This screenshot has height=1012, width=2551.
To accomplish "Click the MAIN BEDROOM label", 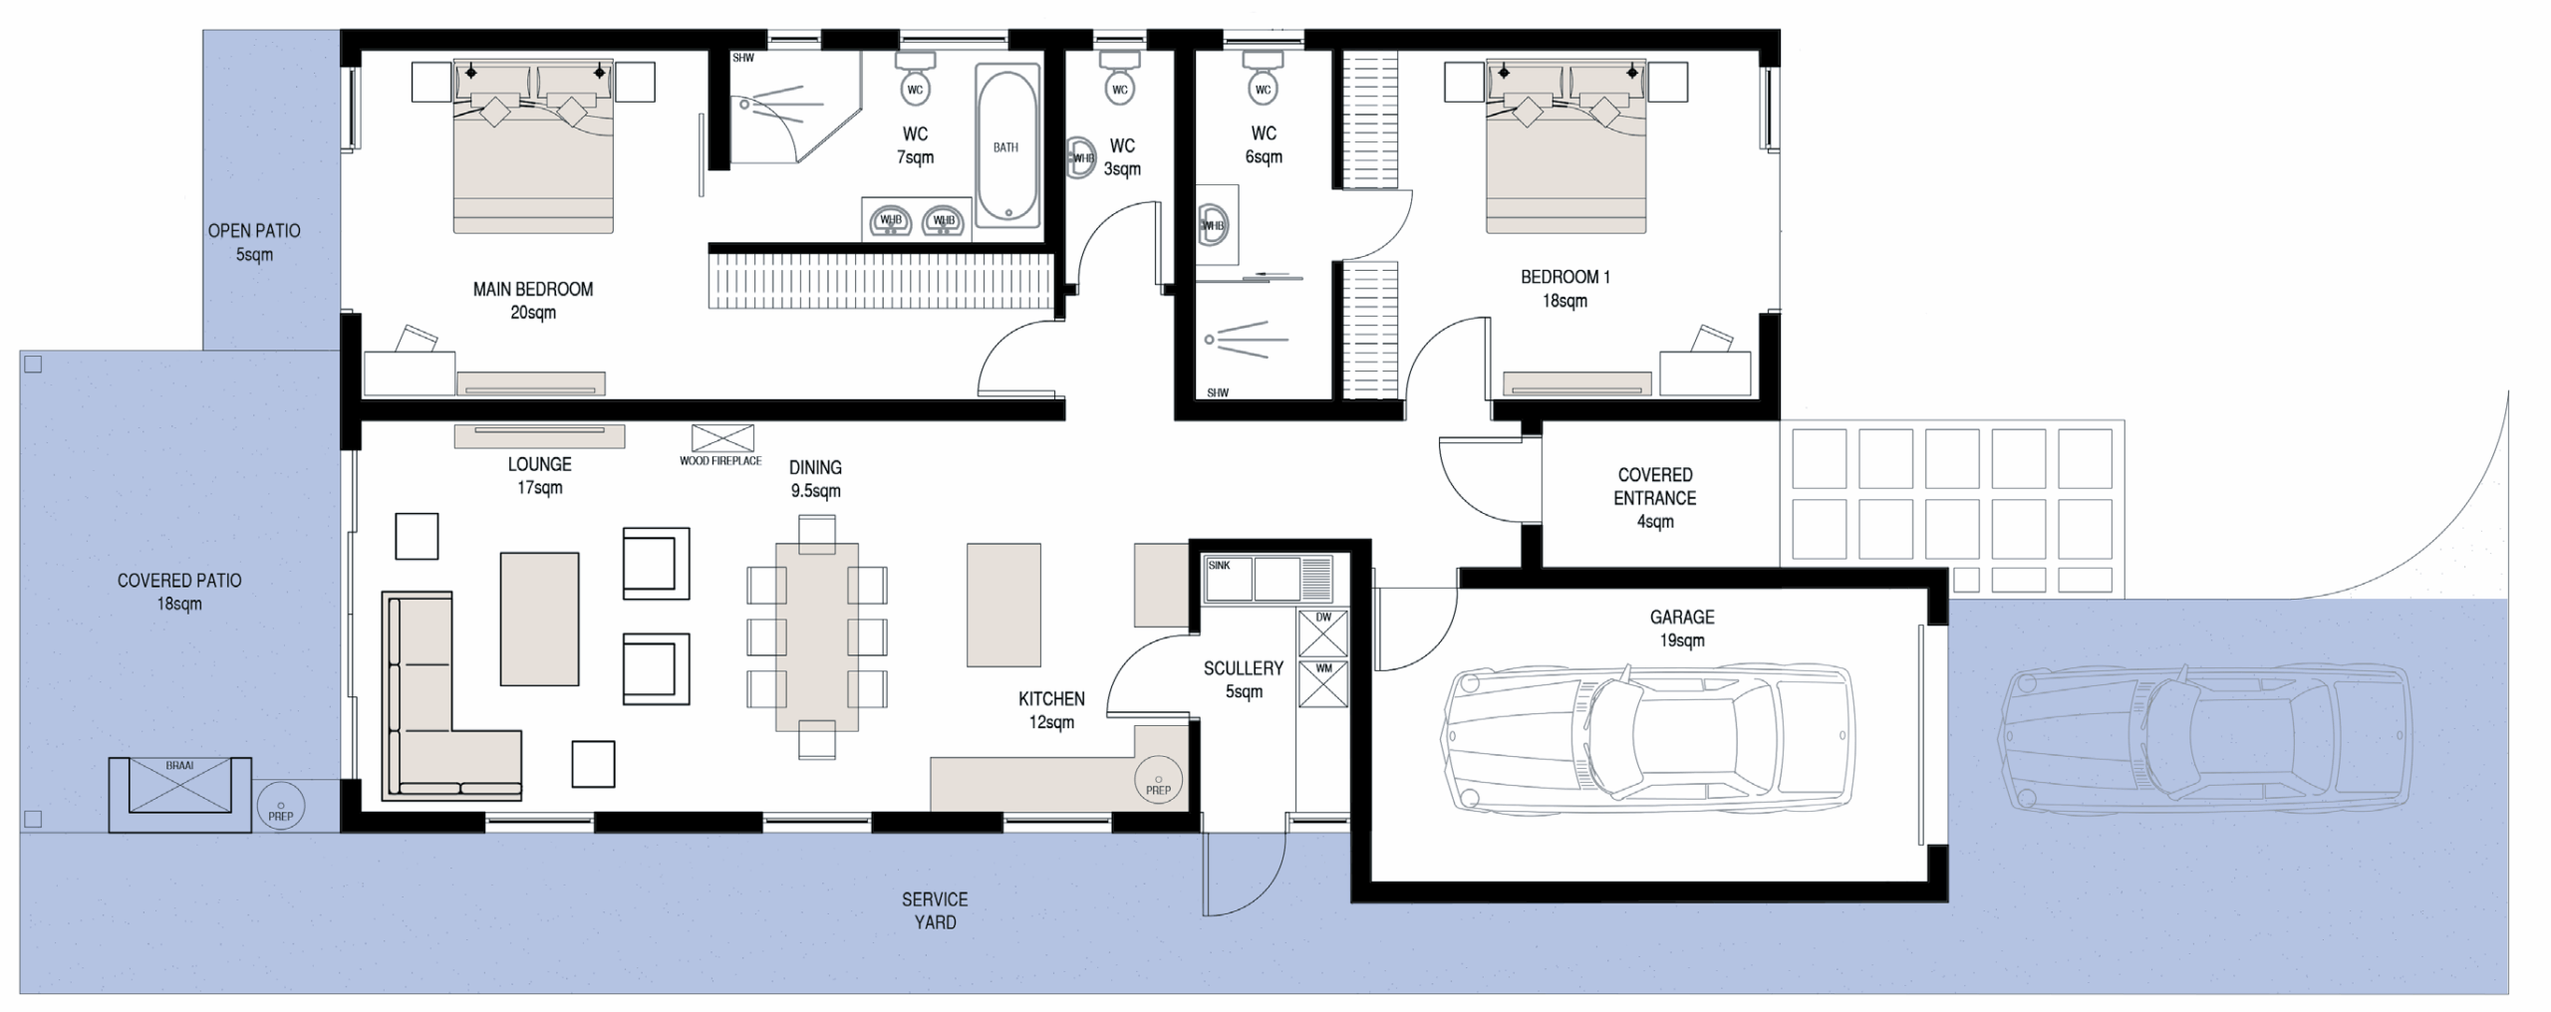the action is tap(533, 301).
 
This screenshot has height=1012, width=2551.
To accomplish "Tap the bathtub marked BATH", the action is tap(1006, 146).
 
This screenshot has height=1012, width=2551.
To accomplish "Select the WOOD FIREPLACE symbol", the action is tap(722, 438).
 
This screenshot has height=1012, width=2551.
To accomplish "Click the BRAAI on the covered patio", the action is tap(180, 794).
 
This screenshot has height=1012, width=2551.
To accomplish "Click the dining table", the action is tap(817, 636).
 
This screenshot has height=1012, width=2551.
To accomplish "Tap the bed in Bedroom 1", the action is tap(1565, 146).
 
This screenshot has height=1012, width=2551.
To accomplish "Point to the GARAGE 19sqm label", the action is tap(1682, 629).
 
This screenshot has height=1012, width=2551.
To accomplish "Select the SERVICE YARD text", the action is tap(935, 910).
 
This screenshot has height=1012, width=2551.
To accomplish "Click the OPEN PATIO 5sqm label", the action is tap(254, 242).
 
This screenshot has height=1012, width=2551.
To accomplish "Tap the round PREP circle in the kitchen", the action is tap(1158, 780).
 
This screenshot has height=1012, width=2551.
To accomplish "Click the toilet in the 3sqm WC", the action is tap(1120, 77).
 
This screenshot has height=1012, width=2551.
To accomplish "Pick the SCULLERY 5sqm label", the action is tap(1244, 679).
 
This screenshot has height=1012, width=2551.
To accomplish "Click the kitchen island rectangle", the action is tap(1003, 605).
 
